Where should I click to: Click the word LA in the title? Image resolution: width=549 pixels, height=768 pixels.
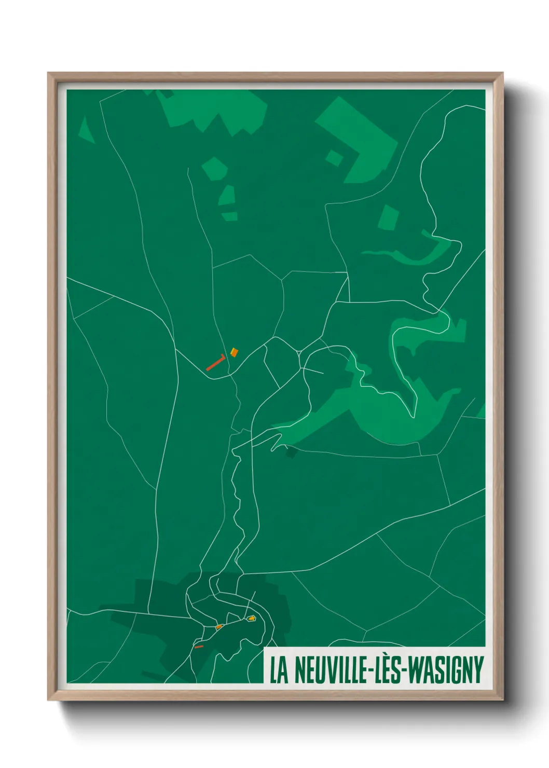click(x=279, y=670)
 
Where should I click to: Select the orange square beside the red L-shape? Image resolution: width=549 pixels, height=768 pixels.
click(x=234, y=352)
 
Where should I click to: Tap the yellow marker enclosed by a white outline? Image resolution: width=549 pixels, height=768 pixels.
click(x=252, y=618)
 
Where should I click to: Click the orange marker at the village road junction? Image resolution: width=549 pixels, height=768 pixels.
click(x=219, y=627)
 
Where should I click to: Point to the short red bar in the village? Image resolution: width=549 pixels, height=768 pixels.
click(x=199, y=647)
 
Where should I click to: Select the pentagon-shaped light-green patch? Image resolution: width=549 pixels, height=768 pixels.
click(x=214, y=168)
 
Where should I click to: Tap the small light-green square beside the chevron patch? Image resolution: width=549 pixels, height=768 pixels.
click(x=334, y=157)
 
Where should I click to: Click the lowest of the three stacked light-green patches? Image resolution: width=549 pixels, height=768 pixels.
click(x=229, y=216)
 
